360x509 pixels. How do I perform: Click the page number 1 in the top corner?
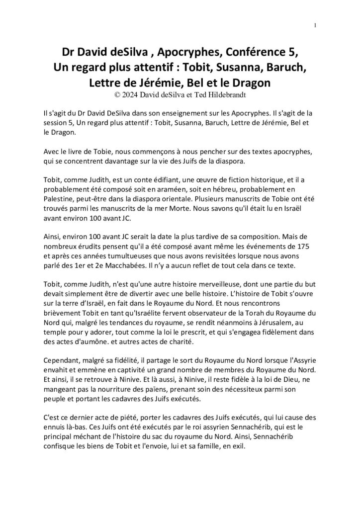[316, 26]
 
